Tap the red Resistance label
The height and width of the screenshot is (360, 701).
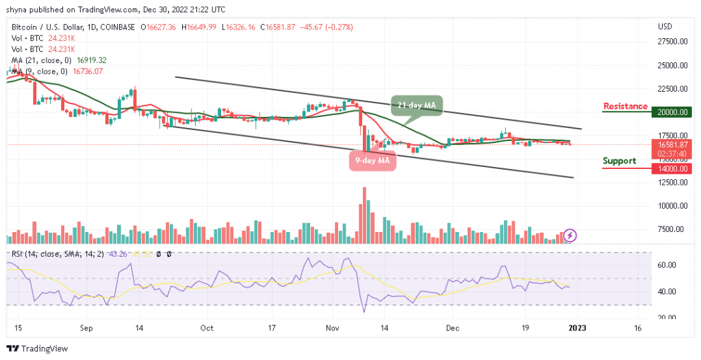click(x=625, y=106)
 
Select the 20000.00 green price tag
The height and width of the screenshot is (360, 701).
click(x=674, y=112)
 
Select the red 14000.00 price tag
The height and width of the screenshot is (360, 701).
click(x=674, y=168)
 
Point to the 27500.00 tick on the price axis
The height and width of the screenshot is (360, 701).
click(x=674, y=42)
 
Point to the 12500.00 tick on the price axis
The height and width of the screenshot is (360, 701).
click(x=674, y=183)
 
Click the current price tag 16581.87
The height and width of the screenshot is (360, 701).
click(x=674, y=144)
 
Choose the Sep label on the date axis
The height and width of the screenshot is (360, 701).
click(x=86, y=328)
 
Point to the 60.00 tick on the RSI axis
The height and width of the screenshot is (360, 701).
click(x=666, y=265)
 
